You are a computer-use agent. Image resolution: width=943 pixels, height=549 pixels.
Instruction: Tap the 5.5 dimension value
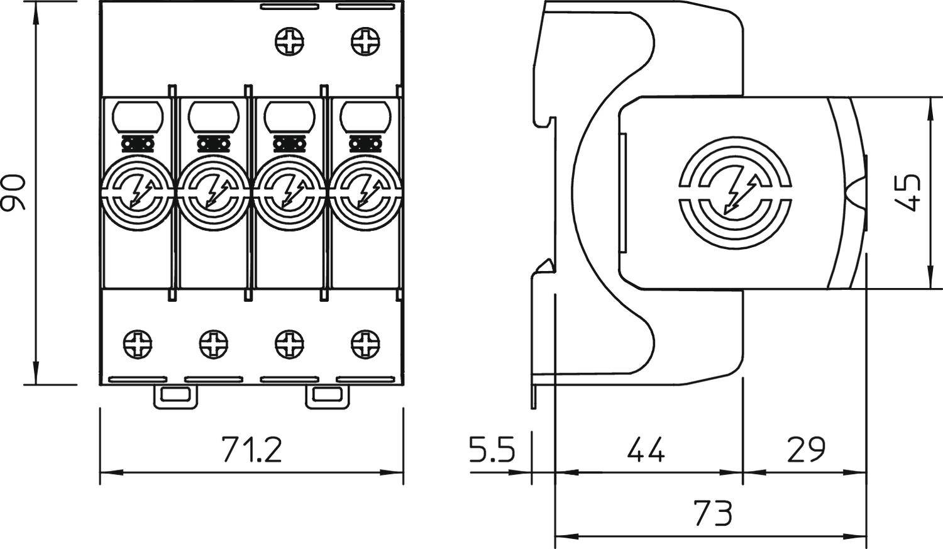(x=492, y=450)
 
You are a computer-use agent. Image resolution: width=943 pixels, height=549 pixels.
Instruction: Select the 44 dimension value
(x=646, y=450)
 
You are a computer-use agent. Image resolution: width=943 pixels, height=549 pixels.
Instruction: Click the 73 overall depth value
(x=713, y=513)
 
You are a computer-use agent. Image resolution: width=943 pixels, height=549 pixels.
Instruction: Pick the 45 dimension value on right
(x=909, y=192)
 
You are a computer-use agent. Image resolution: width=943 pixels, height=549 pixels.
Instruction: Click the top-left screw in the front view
(x=289, y=42)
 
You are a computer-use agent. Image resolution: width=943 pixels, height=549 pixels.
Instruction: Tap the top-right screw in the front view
(x=365, y=42)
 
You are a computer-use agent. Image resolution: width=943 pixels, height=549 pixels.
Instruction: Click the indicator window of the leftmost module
(x=138, y=117)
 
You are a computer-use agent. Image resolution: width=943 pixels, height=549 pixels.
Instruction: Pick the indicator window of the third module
(x=289, y=117)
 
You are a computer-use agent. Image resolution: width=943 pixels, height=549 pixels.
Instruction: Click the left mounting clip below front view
(x=175, y=396)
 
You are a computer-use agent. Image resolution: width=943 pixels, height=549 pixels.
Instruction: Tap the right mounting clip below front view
(x=327, y=396)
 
